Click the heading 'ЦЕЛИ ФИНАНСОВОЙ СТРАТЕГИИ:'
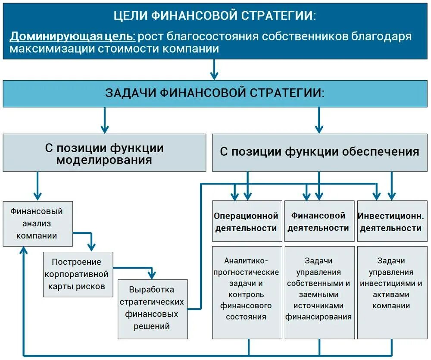215,16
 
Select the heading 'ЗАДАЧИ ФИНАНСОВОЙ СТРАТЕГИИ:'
215,93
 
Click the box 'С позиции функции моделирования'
104,153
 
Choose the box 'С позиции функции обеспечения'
319,152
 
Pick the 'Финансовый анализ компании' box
37,223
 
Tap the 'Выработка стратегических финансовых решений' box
153,308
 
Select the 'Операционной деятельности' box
246,221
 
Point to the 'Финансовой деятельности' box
319,221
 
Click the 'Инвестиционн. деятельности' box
390,221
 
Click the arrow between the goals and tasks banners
214,70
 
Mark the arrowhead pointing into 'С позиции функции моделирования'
104,128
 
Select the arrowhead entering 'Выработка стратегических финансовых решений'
151,275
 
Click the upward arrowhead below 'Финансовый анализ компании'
25,251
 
